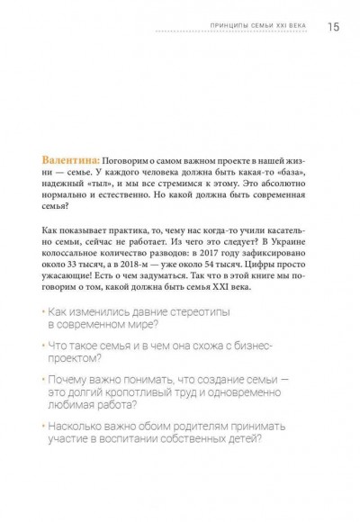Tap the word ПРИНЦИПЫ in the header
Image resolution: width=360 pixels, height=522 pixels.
pyautogui.click(x=208, y=26)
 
